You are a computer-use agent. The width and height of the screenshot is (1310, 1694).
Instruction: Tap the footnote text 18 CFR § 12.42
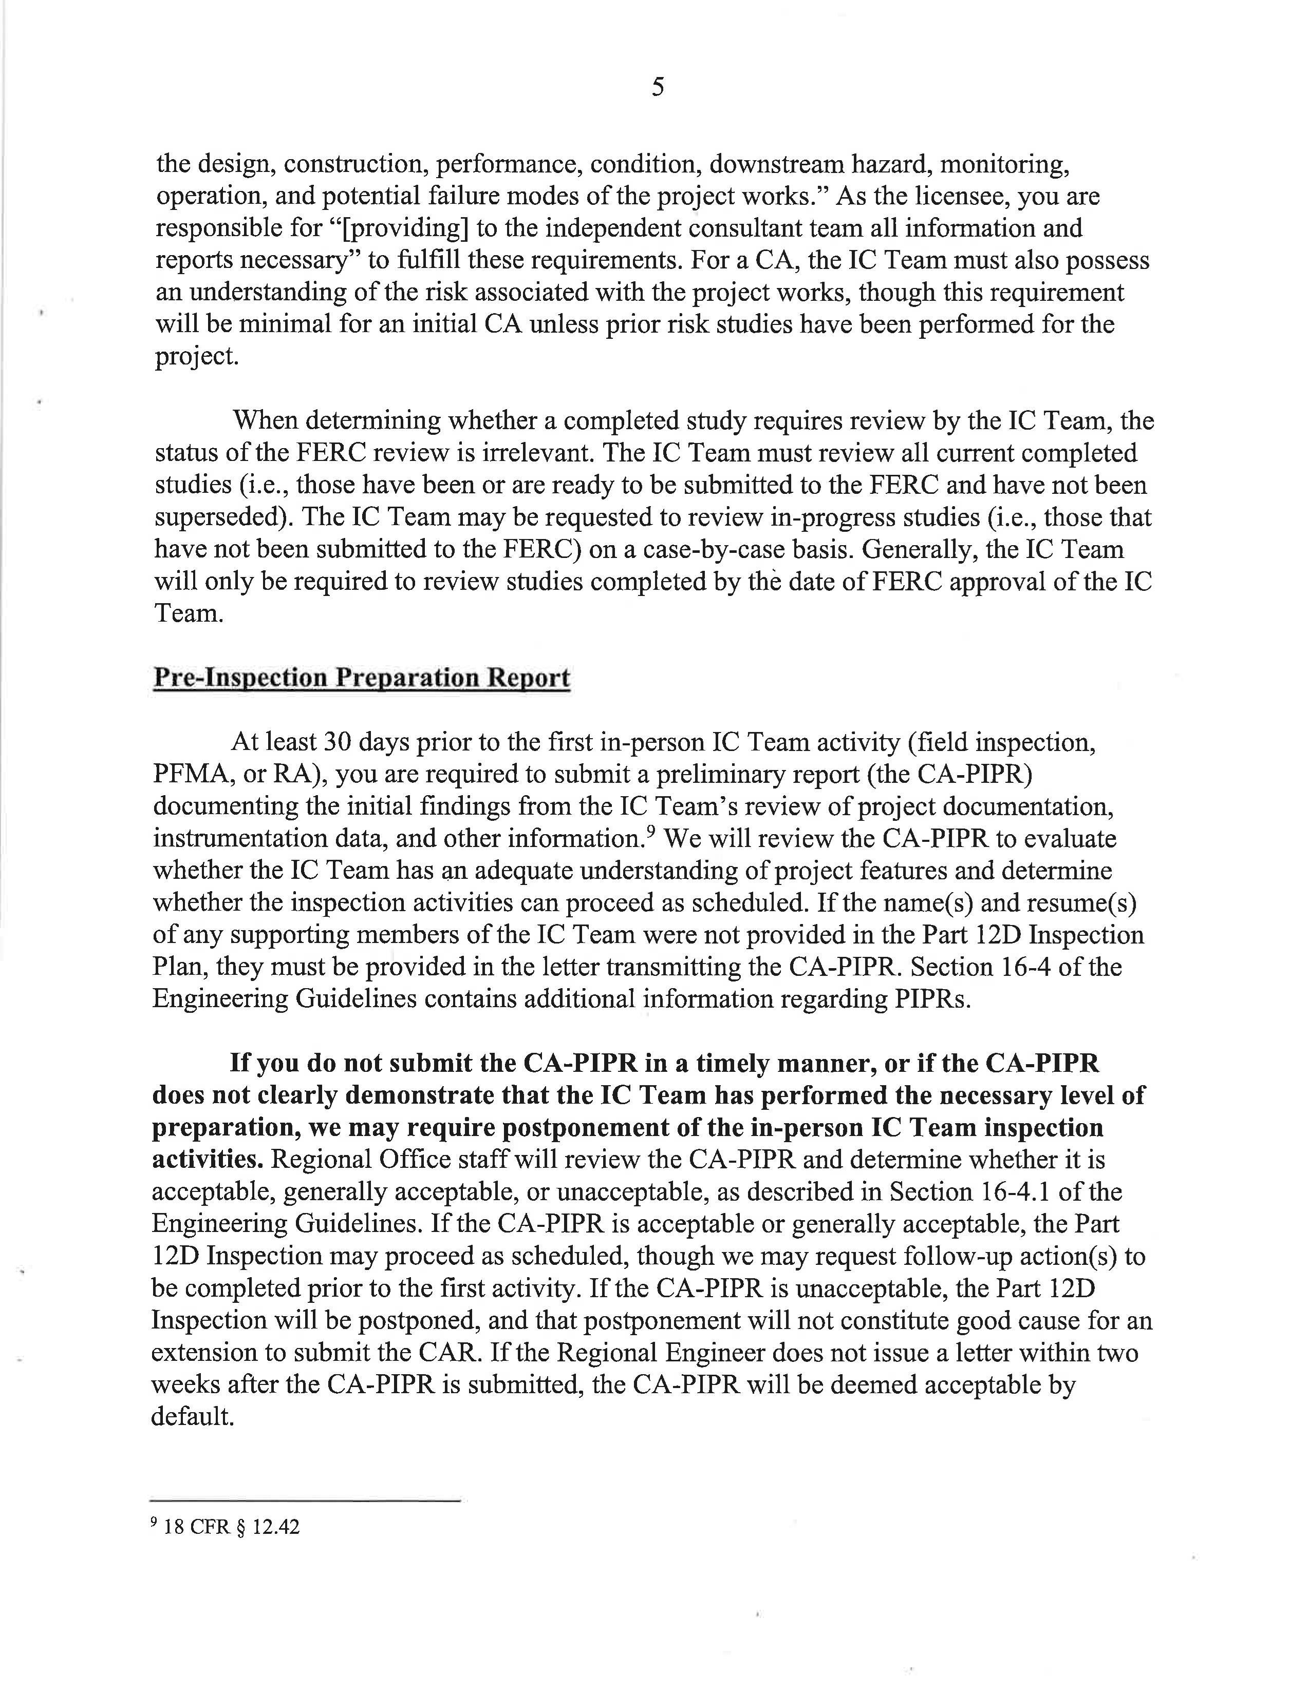pos(231,1527)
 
